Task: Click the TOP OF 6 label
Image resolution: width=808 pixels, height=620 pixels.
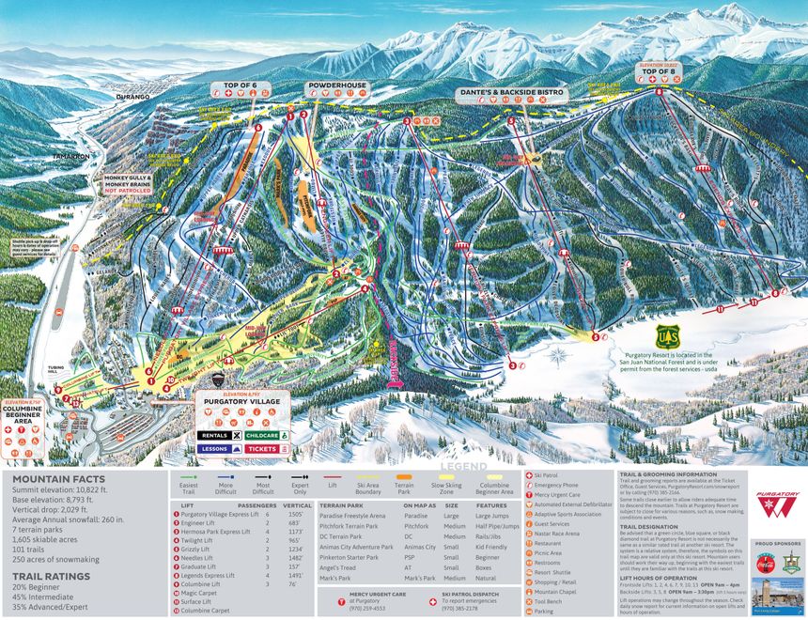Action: coord(247,86)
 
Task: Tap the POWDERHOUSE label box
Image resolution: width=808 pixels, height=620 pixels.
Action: coord(336,86)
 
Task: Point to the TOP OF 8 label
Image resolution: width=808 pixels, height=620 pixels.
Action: coord(659,72)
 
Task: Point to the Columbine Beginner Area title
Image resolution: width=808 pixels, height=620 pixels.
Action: coord(24,413)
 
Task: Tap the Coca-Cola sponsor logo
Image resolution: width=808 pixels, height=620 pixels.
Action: coord(765,564)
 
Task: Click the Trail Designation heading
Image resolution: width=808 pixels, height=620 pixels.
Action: coord(649,526)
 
